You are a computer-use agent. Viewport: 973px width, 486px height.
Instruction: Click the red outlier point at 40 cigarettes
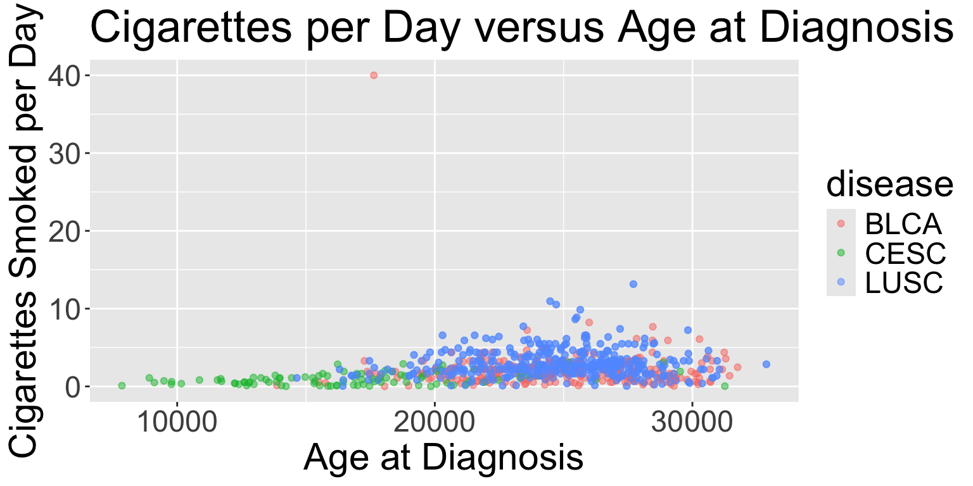[374, 75]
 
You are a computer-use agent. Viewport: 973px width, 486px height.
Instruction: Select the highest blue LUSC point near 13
[633, 284]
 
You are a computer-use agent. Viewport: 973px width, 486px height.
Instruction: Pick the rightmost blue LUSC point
[766, 364]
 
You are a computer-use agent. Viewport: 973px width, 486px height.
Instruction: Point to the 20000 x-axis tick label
[435, 423]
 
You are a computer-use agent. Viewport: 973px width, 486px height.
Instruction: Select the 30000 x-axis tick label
[692, 423]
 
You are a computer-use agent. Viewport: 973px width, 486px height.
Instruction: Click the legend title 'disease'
[890, 184]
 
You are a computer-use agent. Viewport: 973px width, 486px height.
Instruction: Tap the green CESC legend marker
[841, 252]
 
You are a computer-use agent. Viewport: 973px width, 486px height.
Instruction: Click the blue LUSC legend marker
[841, 282]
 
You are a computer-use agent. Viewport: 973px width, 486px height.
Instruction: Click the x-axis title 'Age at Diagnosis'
[443, 457]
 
